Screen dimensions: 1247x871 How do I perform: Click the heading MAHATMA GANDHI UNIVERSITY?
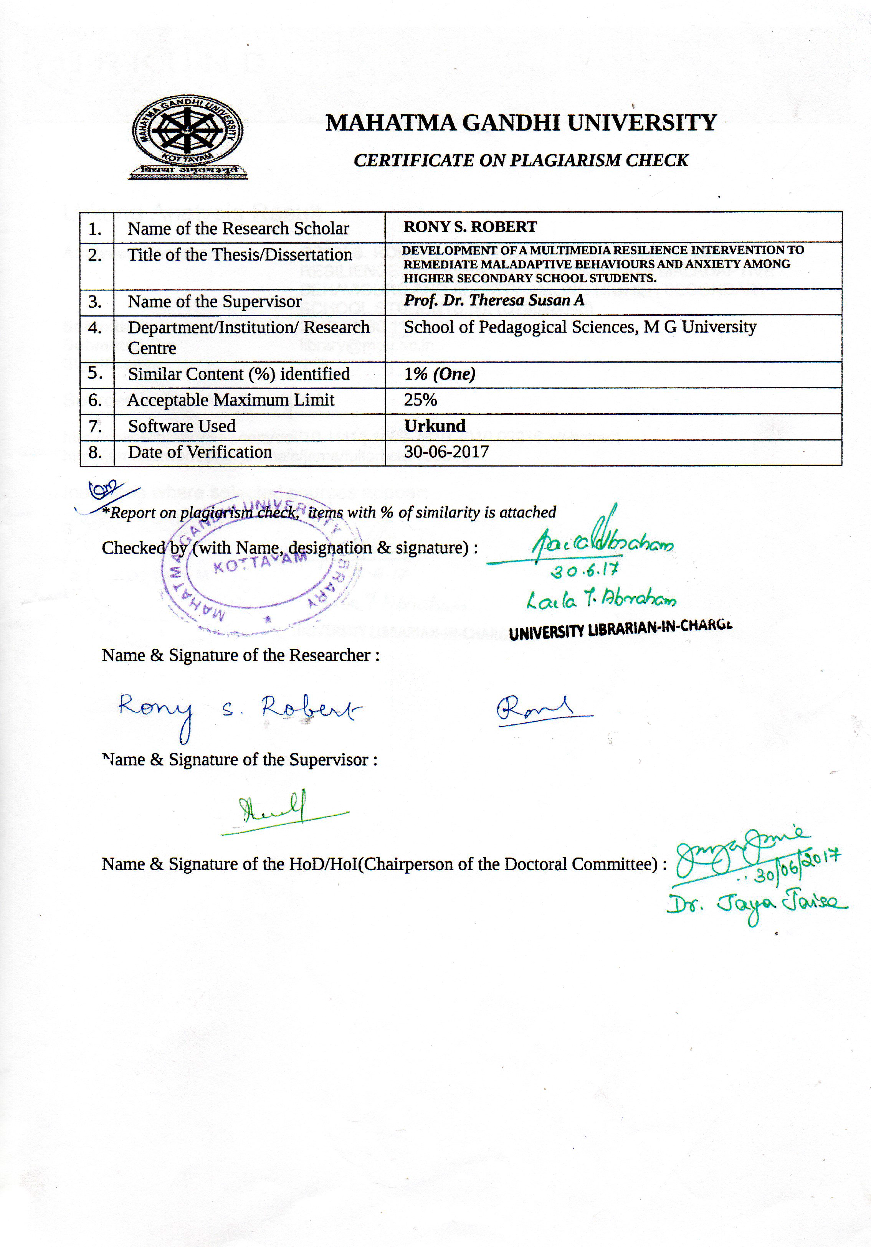coord(521,123)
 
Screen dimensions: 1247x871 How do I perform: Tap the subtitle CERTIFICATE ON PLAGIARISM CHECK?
coord(521,160)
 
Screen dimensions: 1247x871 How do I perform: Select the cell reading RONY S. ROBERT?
coord(470,227)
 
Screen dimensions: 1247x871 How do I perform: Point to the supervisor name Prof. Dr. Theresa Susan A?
coord(493,300)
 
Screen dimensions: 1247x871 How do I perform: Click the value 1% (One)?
coord(440,374)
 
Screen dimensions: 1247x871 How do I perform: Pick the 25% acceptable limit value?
coord(420,400)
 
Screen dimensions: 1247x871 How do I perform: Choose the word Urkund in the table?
coord(435,426)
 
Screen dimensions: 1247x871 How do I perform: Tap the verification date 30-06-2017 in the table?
coord(446,452)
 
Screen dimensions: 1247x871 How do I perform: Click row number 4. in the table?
coord(95,328)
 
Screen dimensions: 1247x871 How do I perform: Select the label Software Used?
coord(182,426)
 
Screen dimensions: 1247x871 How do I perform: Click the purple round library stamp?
coord(261,565)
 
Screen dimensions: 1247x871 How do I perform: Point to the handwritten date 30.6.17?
coord(584,570)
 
